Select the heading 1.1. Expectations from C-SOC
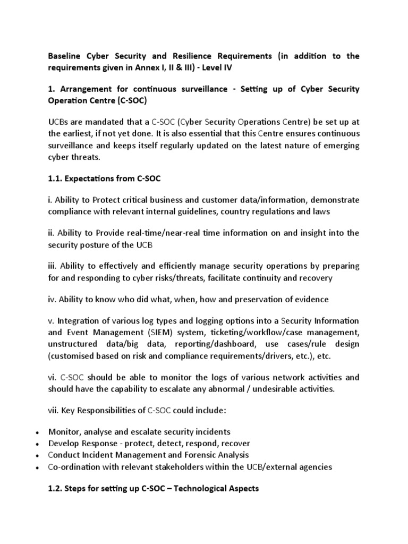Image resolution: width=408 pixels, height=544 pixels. pos(104,179)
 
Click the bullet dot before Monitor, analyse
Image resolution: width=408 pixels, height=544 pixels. pos(35,432)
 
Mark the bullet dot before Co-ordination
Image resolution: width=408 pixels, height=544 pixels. pos(35,467)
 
